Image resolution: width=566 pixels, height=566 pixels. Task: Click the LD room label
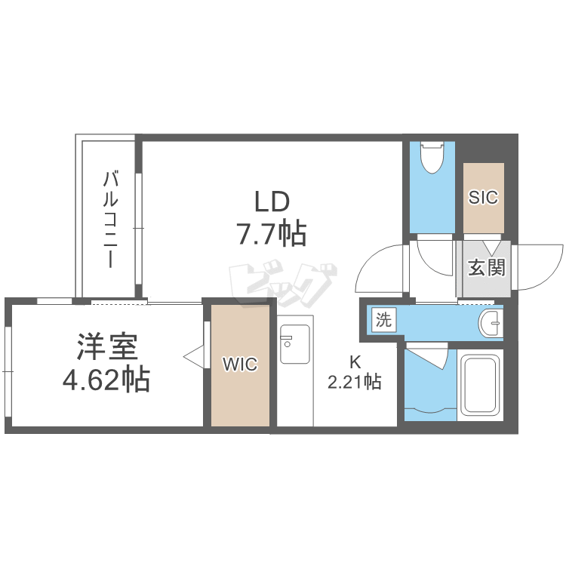pyautogui.click(x=272, y=201)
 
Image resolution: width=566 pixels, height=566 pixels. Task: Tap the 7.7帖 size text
pyautogui.click(x=271, y=233)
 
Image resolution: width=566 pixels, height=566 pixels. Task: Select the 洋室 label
pyautogui.click(x=107, y=347)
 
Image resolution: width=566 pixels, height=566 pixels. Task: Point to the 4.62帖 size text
pyautogui.click(x=106, y=379)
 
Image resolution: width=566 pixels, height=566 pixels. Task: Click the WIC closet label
pyautogui.click(x=240, y=365)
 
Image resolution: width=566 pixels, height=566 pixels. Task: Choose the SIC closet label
pyautogui.click(x=483, y=197)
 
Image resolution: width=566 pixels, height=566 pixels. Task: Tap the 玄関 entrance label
pyautogui.click(x=487, y=267)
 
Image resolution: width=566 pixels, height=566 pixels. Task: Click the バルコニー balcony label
pyautogui.click(x=110, y=220)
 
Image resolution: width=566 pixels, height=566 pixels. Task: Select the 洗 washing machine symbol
pyautogui.click(x=383, y=319)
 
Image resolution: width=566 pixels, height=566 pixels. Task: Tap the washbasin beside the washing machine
pyautogui.click(x=491, y=322)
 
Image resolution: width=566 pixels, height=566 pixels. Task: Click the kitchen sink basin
pyautogui.click(x=295, y=344)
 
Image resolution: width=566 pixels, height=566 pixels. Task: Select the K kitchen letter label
pyautogui.click(x=355, y=362)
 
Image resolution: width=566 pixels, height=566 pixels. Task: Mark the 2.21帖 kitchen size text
pyautogui.click(x=354, y=382)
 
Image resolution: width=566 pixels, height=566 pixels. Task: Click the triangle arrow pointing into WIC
pyautogui.click(x=194, y=357)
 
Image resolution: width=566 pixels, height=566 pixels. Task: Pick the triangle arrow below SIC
pyautogui.click(x=492, y=248)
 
